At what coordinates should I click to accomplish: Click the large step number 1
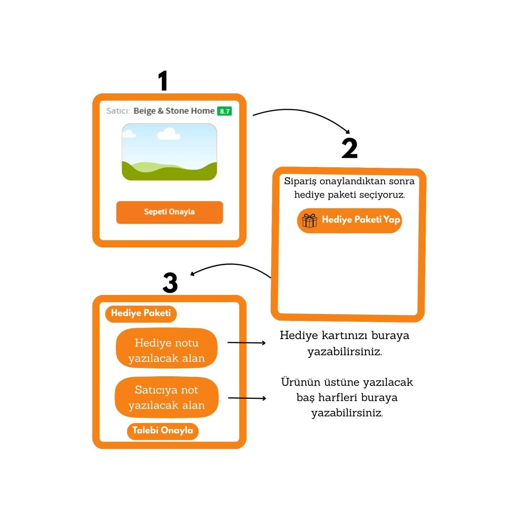[163, 81]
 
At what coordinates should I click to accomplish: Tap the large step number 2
[349, 148]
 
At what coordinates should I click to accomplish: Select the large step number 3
[170, 283]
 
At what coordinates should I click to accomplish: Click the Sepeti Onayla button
[169, 212]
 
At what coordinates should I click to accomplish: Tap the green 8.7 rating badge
[224, 111]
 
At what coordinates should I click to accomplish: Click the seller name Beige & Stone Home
[174, 111]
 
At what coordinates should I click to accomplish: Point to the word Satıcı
[118, 111]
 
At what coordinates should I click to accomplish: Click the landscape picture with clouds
[169, 152]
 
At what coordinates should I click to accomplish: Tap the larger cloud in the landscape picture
[168, 134]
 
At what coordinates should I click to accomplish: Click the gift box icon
[309, 221]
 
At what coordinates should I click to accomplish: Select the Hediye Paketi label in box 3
[141, 313]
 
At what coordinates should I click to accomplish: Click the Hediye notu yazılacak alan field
[167, 350]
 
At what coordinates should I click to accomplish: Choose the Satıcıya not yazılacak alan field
[167, 397]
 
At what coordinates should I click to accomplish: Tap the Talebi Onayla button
[163, 430]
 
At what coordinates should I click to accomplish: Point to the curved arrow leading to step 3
[231, 266]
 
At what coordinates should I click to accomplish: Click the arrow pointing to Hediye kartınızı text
[247, 343]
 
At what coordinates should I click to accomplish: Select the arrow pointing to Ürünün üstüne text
[247, 398]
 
